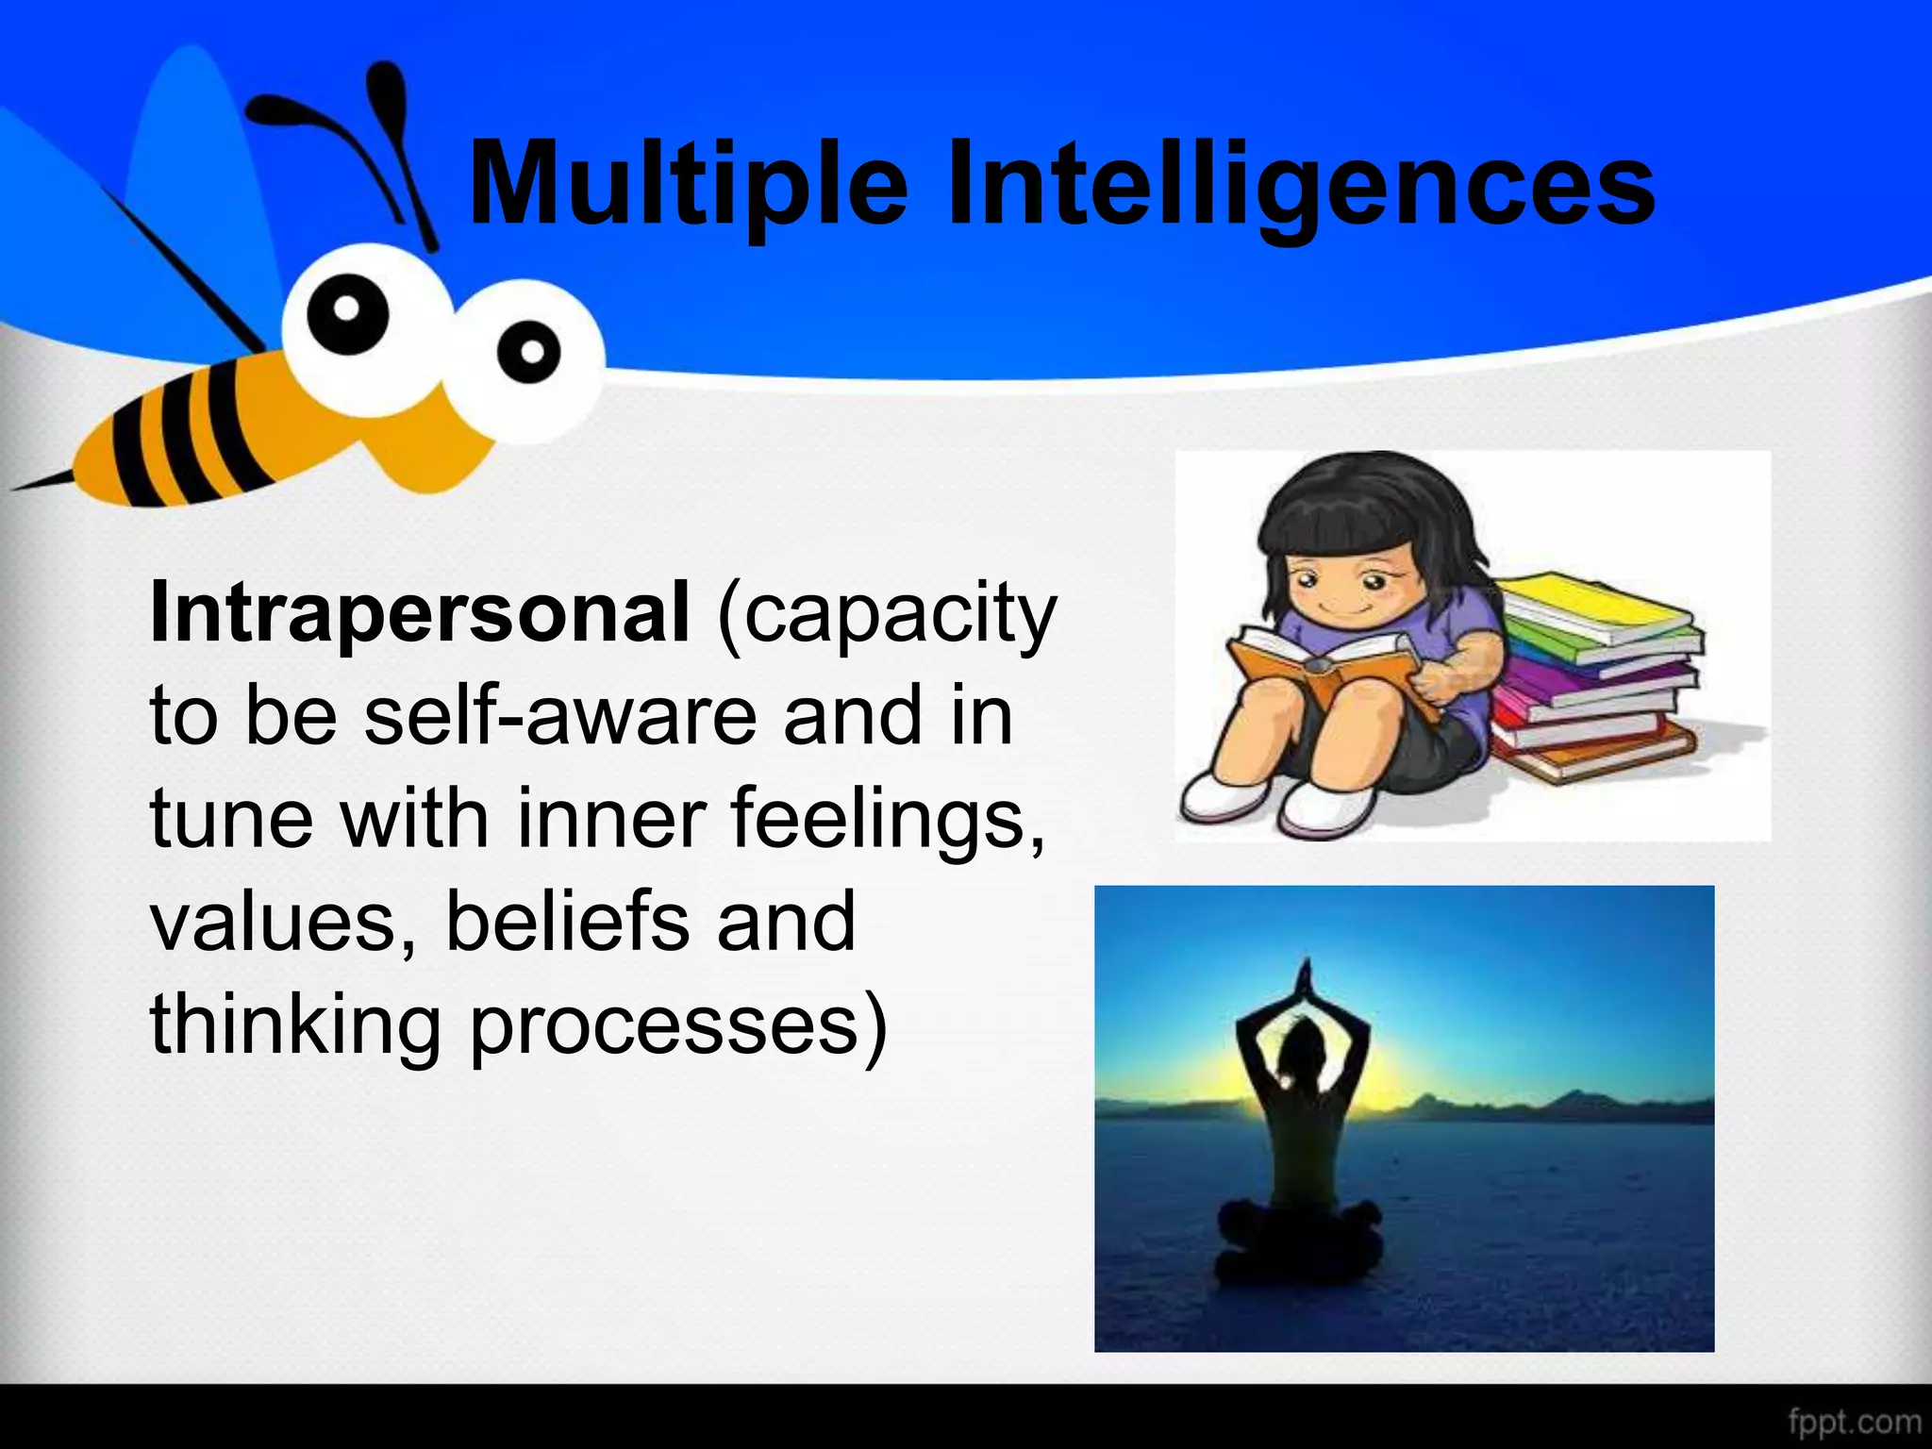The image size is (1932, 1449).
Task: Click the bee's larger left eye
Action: click(347, 309)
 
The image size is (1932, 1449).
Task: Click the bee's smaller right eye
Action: click(530, 351)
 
